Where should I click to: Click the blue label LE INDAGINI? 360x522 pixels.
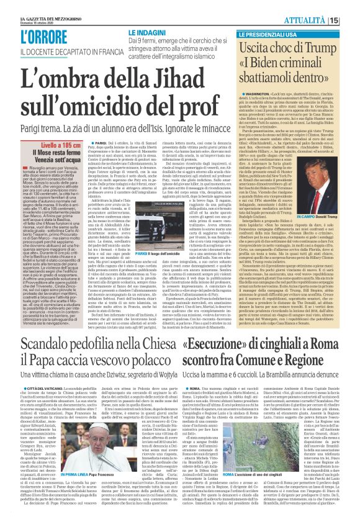[148, 32]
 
